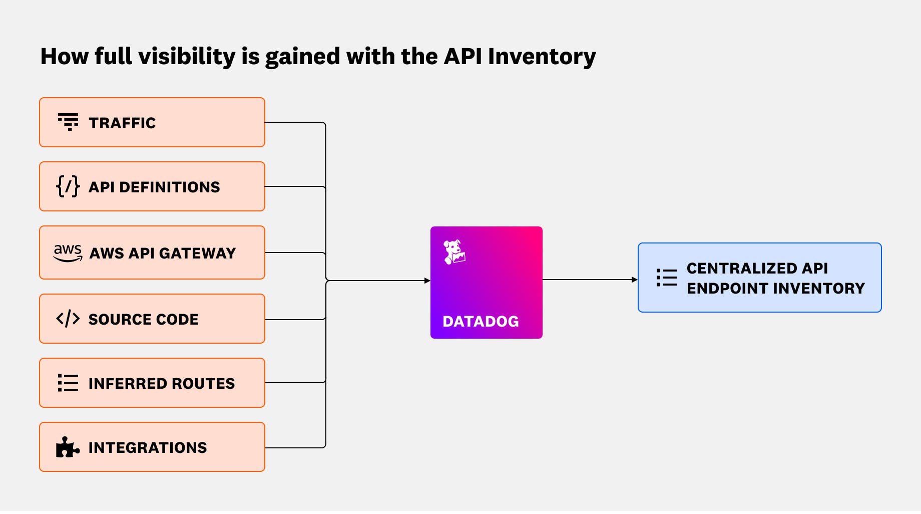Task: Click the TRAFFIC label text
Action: click(x=122, y=123)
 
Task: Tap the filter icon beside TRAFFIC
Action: click(x=68, y=122)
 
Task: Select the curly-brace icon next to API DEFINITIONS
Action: click(x=68, y=186)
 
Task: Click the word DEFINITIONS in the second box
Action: click(x=169, y=187)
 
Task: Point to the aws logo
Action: click(x=68, y=252)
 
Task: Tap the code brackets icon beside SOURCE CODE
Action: click(x=68, y=319)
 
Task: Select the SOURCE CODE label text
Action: click(x=143, y=320)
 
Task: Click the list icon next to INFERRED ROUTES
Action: click(x=68, y=383)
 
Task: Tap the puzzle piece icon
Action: click(x=67, y=447)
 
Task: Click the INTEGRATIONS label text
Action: click(x=147, y=448)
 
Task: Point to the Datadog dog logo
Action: click(x=454, y=252)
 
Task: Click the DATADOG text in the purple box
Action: click(x=481, y=322)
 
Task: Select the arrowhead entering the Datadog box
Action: click(x=427, y=281)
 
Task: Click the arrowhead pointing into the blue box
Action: click(x=634, y=280)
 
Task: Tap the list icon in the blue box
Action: click(x=667, y=278)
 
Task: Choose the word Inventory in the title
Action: click(x=542, y=57)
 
